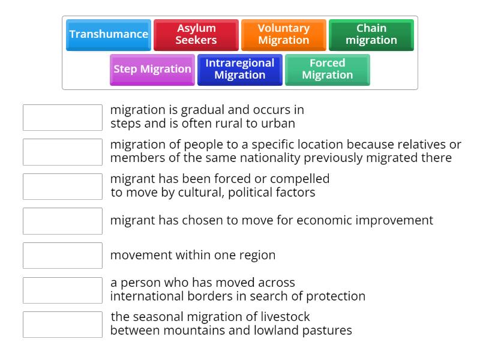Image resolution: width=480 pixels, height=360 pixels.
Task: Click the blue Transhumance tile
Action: tap(109, 34)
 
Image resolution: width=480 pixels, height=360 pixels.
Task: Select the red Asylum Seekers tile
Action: tap(196, 34)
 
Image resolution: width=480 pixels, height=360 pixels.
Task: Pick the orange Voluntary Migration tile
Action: tap(284, 34)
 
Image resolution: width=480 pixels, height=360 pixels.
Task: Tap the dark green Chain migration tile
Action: tap(371, 34)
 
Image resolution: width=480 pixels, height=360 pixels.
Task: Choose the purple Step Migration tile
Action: tap(152, 69)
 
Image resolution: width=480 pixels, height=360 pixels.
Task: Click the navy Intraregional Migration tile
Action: tap(240, 69)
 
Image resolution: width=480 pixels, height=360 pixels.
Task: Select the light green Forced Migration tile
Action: tap(328, 69)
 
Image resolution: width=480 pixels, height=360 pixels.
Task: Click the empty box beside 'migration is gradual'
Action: tap(62, 118)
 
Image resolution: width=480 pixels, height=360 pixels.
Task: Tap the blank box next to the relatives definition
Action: tap(62, 152)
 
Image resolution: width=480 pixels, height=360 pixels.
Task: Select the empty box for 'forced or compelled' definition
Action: tap(62, 187)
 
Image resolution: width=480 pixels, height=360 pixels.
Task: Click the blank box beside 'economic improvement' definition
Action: tap(62, 221)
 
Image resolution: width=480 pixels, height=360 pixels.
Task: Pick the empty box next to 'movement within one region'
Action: tap(62, 256)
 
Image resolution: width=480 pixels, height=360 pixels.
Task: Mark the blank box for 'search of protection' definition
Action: tap(62, 290)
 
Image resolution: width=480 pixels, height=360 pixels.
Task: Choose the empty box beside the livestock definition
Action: tap(62, 325)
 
